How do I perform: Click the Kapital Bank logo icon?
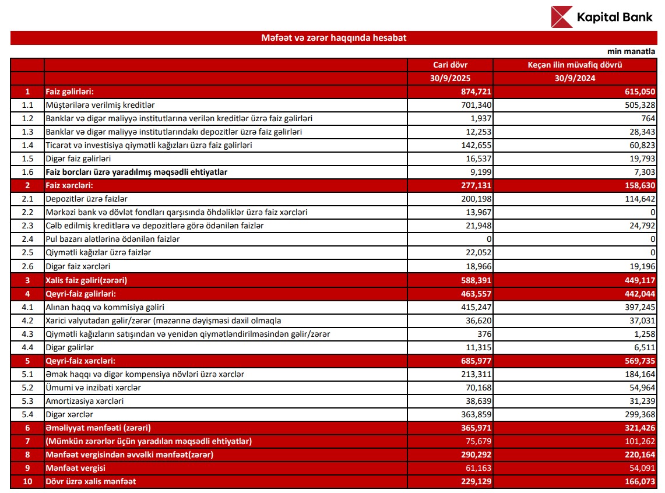[x=562, y=17]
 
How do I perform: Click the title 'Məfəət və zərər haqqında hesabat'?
[x=333, y=38]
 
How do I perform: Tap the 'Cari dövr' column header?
[x=450, y=65]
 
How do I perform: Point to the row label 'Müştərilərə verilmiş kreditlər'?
[x=100, y=105]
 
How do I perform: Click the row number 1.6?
[x=27, y=172]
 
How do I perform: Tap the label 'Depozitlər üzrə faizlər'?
[x=87, y=199]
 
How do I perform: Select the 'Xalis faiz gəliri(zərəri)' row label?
[x=86, y=280]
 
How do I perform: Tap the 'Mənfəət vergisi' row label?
[x=76, y=468]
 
